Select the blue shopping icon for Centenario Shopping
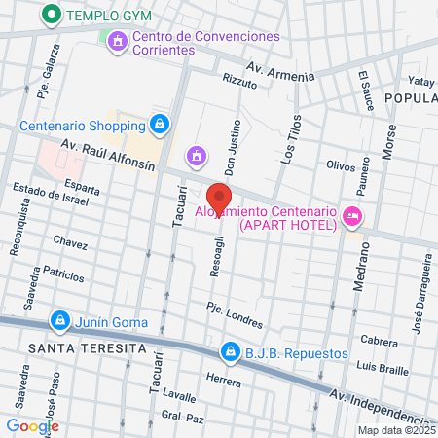coord(159,125)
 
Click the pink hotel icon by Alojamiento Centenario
coord(353,215)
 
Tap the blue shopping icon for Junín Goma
coord(60,320)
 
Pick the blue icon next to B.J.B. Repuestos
coord(230,350)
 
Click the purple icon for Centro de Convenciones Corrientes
coord(118,41)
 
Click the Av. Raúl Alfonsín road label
coord(108,154)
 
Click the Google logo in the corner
coord(32,425)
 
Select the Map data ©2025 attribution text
coord(396,430)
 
